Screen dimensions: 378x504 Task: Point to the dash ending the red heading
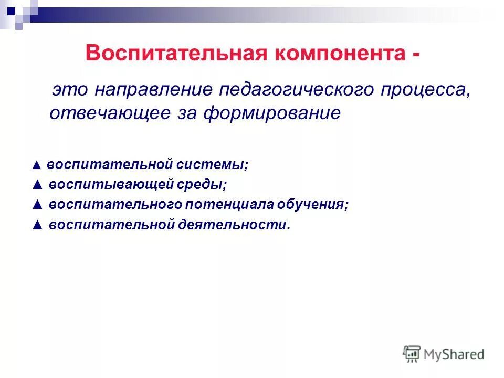coord(416,55)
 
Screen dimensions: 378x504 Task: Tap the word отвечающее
coord(109,113)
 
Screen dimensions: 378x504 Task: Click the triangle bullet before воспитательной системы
coord(36,165)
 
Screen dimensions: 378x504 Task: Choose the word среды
coord(206,185)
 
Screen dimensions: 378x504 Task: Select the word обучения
coord(320,204)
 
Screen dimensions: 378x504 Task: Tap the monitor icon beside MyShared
coord(412,354)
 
